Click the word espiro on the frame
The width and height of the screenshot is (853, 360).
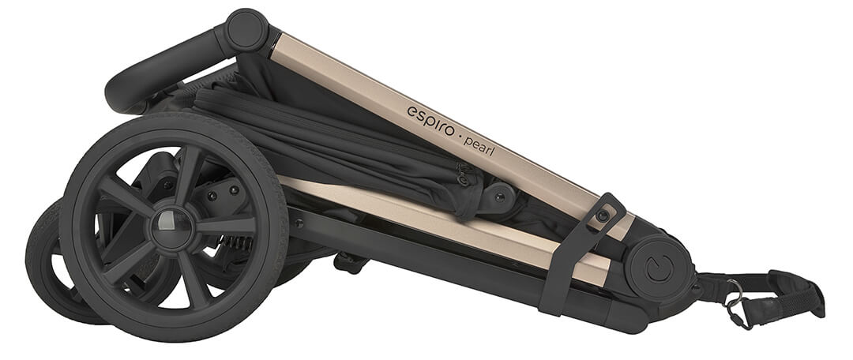click(x=430, y=121)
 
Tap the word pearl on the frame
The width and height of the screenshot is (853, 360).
click(x=479, y=145)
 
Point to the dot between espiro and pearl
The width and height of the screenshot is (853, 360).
click(x=458, y=137)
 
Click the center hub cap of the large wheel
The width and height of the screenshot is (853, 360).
click(x=171, y=228)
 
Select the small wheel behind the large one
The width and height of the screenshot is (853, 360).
click(x=60, y=261)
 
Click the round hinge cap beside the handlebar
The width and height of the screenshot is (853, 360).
click(x=247, y=31)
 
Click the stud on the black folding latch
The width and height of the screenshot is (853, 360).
click(x=602, y=216)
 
